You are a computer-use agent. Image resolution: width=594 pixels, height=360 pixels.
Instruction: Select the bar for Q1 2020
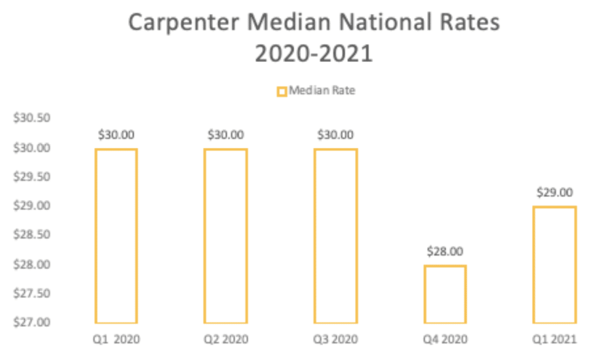[x=116, y=236]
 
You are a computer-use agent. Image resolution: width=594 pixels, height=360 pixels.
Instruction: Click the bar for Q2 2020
[x=226, y=236]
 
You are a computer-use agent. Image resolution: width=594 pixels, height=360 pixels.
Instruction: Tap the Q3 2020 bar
[x=335, y=236]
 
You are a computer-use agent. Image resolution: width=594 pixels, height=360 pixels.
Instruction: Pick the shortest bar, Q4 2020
[x=445, y=294]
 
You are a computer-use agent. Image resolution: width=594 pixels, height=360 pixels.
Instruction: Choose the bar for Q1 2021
[x=555, y=265]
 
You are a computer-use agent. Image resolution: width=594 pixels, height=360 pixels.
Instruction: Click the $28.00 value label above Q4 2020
[x=445, y=252]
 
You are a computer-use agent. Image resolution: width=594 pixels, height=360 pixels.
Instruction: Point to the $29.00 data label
[x=555, y=193]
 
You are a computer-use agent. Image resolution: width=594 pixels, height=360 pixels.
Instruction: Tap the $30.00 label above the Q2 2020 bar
[x=226, y=135]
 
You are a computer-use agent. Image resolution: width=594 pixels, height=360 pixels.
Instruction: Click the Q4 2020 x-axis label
[x=445, y=340]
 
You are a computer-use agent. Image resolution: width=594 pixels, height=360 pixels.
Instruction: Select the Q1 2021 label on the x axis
[x=555, y=340]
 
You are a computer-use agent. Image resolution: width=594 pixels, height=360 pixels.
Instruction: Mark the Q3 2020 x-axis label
[x=335, y=340]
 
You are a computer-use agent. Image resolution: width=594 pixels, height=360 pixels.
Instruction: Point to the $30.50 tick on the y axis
[x=31, y=118]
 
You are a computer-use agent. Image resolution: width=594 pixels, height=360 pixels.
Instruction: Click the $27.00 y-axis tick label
[x=31, y=322]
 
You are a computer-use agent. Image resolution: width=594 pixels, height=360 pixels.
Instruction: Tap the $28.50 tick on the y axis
[x=31, y=235]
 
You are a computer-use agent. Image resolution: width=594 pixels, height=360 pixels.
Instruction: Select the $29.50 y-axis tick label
[x=31, y=177]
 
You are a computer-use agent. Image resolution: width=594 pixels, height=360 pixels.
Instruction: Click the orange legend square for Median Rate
[x=282, y=91]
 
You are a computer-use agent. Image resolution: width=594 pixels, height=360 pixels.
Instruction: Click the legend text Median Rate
[x=322, y=90]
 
